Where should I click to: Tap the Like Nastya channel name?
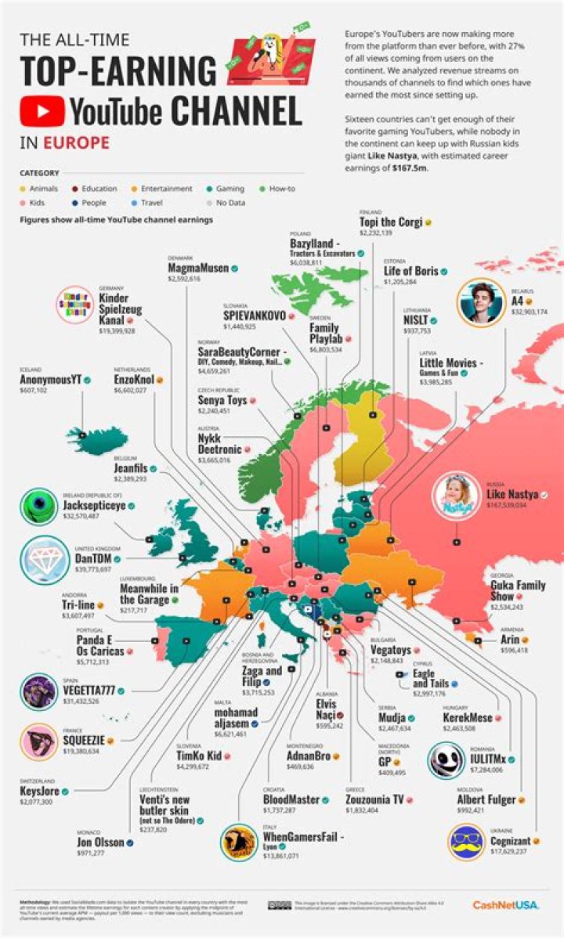pos(510,494)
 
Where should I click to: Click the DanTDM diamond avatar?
pos(44,559)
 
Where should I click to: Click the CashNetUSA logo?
pos(505,905)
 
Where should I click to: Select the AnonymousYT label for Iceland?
pos(51,381)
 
